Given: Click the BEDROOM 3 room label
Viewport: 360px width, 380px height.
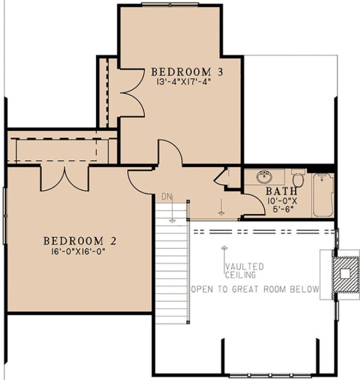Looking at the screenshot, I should (x=186, y=72).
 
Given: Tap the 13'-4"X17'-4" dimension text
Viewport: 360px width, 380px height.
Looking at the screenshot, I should (x=186, y=82).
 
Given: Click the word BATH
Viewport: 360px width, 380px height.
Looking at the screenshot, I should (x=281, y=191).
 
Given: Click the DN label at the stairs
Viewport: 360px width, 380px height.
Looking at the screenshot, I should (x=167, y=197).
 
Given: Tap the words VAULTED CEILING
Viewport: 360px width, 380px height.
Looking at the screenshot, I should (x=244, y=271).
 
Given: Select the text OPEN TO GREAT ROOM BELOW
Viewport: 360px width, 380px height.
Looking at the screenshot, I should (x=255, y=289).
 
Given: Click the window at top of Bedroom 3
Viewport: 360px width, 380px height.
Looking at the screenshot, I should (x=170, y=4).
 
